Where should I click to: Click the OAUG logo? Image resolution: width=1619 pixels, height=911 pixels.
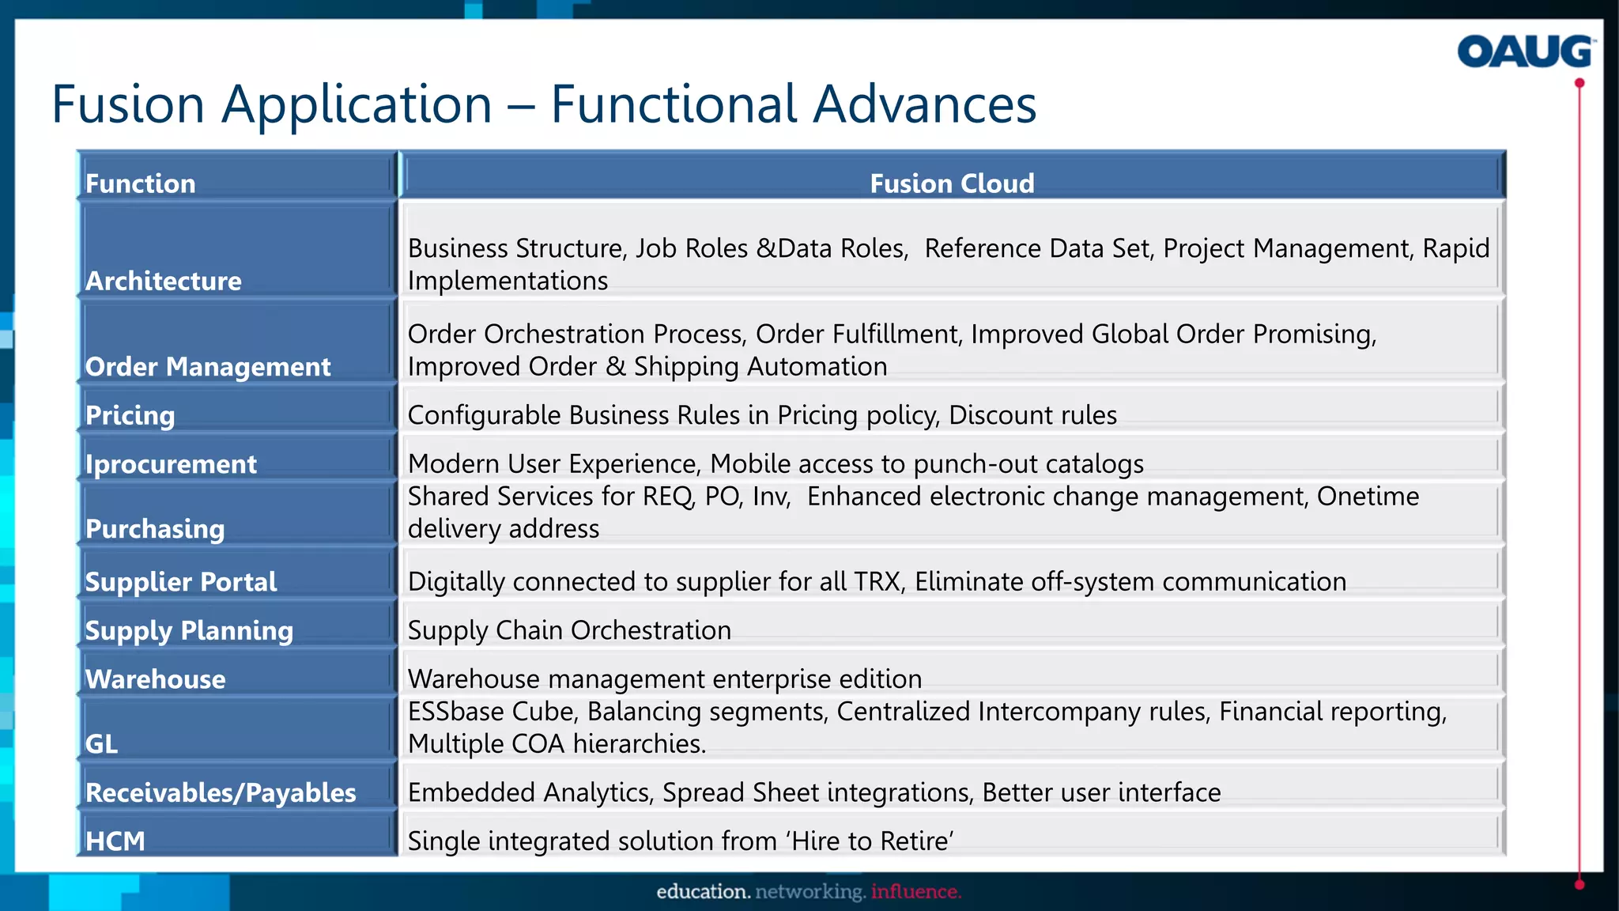1524,52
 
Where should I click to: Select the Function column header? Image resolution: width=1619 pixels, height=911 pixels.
141,183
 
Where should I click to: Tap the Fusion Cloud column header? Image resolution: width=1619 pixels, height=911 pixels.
952,183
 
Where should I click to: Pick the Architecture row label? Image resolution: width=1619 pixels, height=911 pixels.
164,281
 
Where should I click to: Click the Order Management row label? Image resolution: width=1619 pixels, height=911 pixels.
208,367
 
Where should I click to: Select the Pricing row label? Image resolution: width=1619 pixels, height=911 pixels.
130,415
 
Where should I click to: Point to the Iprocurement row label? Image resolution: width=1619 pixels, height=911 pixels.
171,464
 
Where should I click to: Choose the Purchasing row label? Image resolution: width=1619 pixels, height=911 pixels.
155,528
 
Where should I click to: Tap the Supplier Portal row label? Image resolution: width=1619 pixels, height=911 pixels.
181,582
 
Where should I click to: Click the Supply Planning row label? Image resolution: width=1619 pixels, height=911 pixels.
189,630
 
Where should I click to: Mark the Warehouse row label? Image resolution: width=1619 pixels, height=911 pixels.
156,679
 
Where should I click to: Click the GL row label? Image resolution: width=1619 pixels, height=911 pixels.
101,743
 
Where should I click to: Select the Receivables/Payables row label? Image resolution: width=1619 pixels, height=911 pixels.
221,792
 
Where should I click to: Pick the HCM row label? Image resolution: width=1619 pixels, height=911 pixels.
115,841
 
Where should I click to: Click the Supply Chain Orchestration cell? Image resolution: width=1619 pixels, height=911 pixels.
569,630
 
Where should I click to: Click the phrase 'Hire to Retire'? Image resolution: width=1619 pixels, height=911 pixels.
870,841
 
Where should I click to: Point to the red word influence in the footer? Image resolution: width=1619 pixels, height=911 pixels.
915,892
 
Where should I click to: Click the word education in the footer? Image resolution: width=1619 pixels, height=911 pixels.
703,892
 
